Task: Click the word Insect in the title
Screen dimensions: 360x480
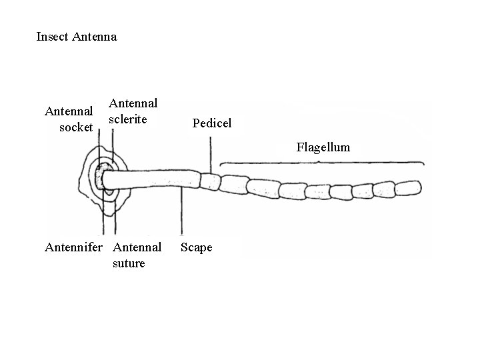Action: coord(52,37)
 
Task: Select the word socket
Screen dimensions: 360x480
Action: coord(76,127)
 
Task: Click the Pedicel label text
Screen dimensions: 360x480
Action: coord(211,123)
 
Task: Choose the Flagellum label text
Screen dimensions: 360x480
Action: coord(323,147)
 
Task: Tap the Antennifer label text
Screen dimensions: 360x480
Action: coord(73,247)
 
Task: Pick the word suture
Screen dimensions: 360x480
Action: coord(129,263)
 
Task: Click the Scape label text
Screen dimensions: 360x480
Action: coord(197,247)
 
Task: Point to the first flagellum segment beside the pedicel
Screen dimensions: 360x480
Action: coord(235,185)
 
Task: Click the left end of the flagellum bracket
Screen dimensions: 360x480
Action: coord(221,164)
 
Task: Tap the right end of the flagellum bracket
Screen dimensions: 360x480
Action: coord(424,163)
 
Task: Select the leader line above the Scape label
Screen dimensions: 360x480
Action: coord(179,213)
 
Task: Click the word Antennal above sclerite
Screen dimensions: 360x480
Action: coord(133,103)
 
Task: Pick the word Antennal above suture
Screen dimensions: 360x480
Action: coord(137,247)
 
